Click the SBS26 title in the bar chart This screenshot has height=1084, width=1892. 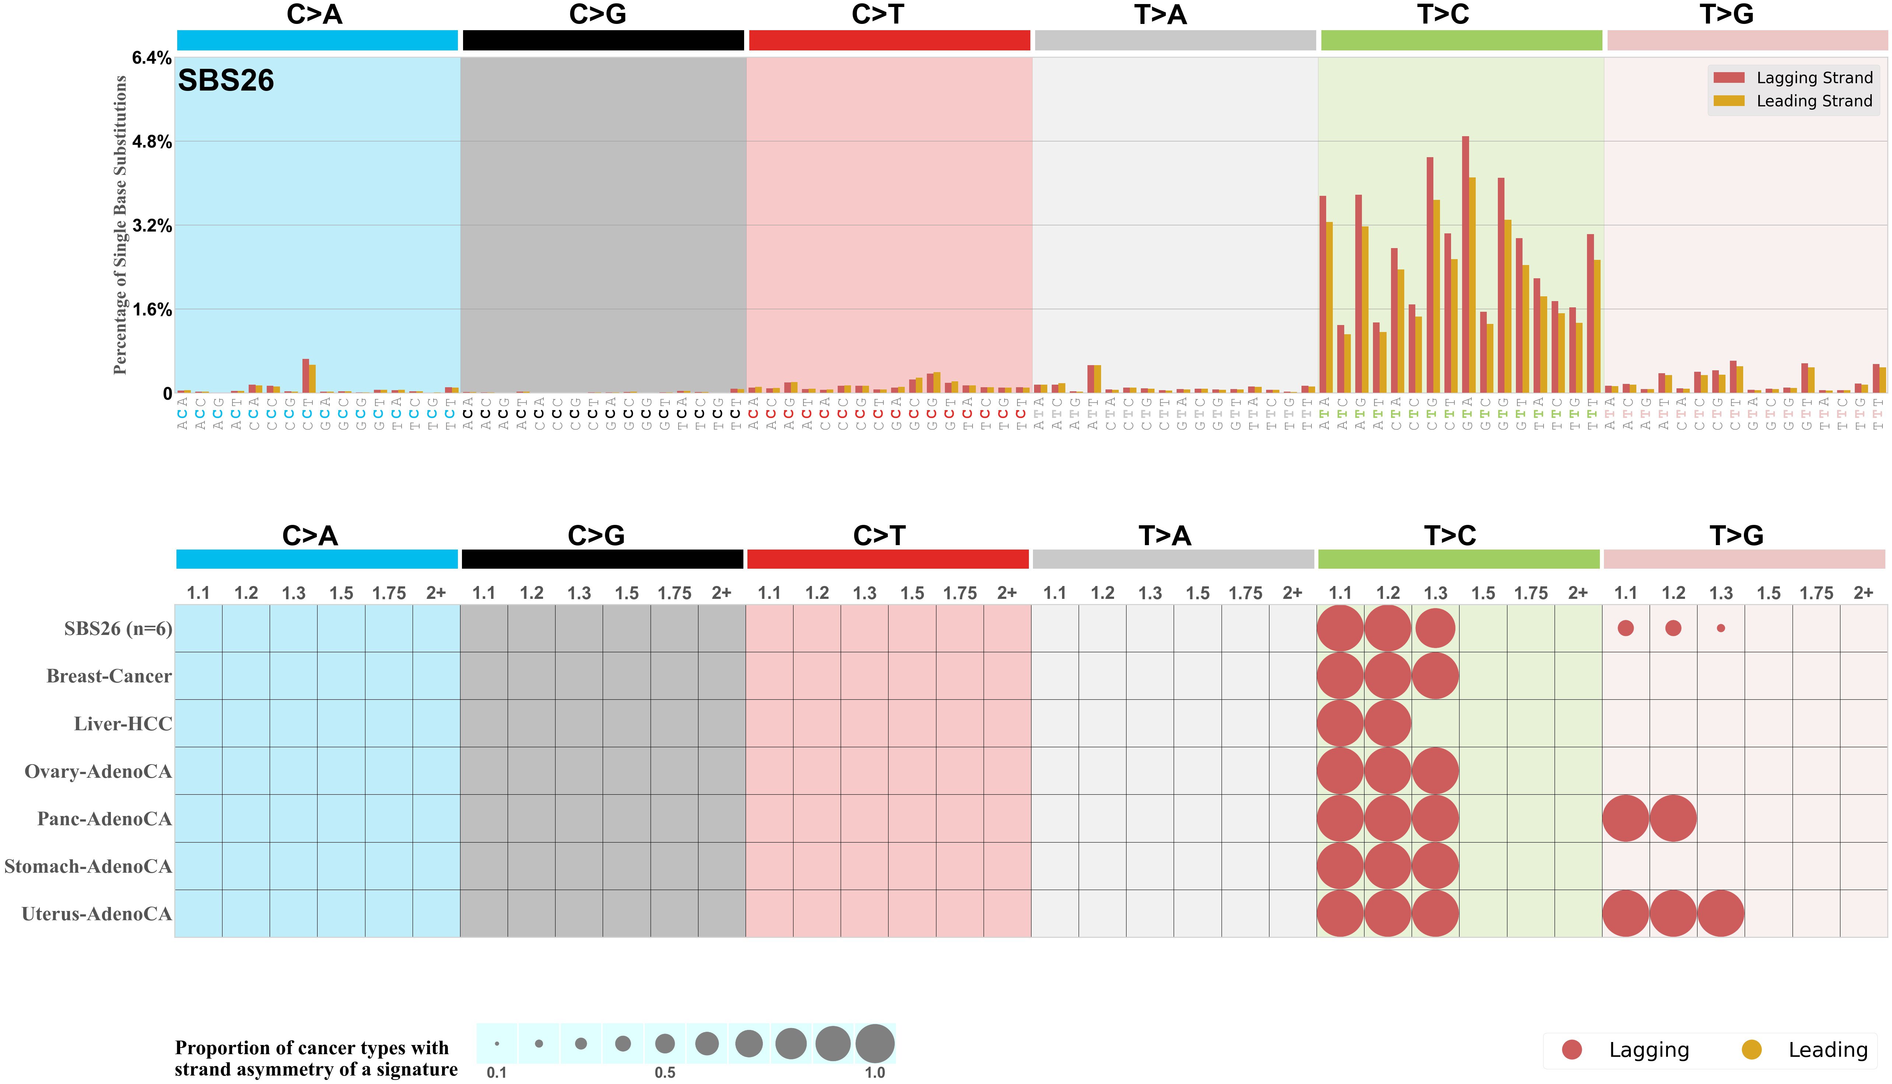coord(226,80)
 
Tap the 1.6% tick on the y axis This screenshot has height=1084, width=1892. coord(152,310)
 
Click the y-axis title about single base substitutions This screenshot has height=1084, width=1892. coord(120,225)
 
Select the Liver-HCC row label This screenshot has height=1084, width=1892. coord(123,724)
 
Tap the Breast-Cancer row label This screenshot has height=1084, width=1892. coord(109,676)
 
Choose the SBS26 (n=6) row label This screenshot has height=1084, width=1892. coord(118,629)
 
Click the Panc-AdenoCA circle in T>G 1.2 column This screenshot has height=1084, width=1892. coord(1673,818)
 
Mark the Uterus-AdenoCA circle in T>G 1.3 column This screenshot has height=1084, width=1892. coord(1721,914)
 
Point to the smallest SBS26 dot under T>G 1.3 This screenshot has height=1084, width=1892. coord(1721,628)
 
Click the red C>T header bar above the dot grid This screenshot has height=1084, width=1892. coord(888,559)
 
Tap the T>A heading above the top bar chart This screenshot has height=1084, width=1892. coord(1160,14)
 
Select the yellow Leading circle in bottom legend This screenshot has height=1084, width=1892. coord(1752,1050)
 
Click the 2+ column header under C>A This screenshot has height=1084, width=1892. coord(436,593)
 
